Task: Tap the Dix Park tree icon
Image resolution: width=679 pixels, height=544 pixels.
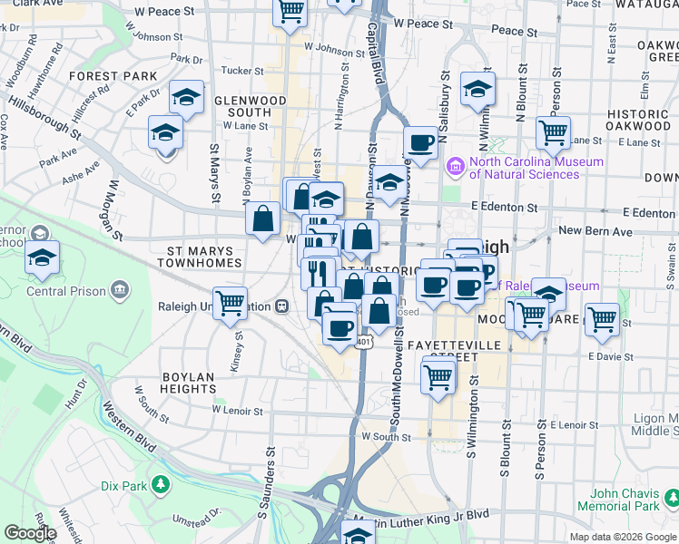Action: tap(161, 486)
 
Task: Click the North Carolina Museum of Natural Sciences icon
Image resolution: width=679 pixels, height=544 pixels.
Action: tap(456, 168)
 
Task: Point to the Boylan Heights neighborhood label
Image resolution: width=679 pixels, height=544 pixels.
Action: tap(188, 383)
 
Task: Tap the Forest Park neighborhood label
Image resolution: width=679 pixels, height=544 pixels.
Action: tap(102, 76)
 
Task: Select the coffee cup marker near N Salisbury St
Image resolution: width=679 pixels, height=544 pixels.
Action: tap(421, 142)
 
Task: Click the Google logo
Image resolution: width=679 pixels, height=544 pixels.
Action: tap(30, 533)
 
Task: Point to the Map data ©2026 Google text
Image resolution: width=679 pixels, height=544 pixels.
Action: tap(622, 537)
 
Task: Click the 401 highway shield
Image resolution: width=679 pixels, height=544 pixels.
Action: tap(363, 342)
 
